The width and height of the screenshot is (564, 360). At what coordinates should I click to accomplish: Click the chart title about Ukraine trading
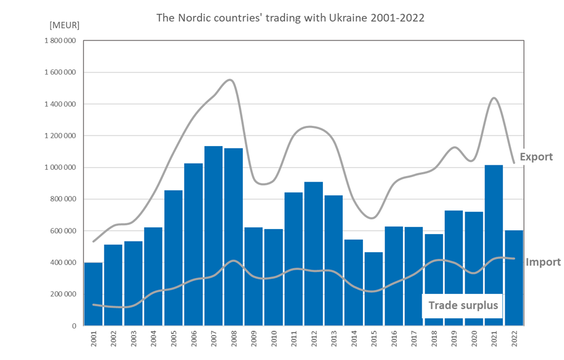pos(290,18)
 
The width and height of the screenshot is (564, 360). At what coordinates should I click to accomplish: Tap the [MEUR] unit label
pos(65,25)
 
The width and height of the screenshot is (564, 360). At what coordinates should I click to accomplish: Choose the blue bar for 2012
pos(313,254)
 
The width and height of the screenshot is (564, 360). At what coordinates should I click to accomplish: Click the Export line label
pos(536,157)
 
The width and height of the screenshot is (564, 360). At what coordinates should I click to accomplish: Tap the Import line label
pos(543,262)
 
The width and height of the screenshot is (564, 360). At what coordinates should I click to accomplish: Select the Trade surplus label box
pos(462,306)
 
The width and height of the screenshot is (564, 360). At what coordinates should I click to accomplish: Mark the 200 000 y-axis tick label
pos(63,295)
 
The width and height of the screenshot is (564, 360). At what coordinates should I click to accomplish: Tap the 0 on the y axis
pos(73,326)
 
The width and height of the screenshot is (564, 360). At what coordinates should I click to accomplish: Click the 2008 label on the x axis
pos(234,341)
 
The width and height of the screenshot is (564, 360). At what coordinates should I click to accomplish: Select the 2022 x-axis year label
pos(514,341)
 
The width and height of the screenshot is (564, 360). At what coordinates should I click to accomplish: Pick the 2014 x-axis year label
pos(353,341)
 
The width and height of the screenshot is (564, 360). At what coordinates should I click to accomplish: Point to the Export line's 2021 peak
pos(494,98)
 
